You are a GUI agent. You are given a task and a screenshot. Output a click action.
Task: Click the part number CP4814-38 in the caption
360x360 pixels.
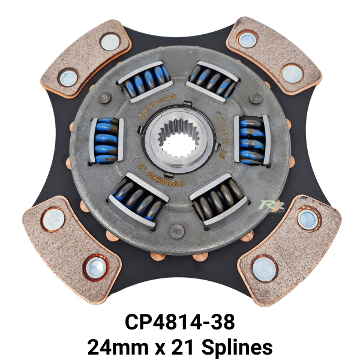(179, 322)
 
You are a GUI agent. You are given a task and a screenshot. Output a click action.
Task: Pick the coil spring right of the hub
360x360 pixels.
(251, 140)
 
